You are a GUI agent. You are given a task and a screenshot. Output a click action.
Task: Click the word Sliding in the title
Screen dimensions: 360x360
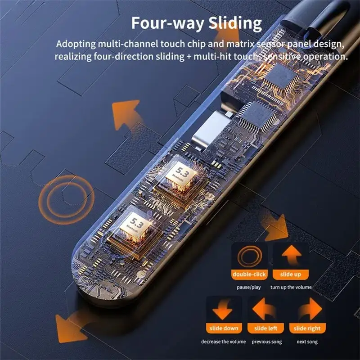pyautogui.click(x=235, y=22)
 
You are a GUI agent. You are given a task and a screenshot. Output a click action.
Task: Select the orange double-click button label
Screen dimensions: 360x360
pyautogui.click(x=249, y=274)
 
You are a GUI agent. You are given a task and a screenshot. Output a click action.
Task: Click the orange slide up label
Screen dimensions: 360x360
pyautogui.click(x=291, y=274)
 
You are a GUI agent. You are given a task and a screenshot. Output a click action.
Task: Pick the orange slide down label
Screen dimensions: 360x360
pyautogui.click(x=224, y=328)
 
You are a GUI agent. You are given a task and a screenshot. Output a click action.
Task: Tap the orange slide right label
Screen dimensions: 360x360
pyautogui.click(x=307, y=328)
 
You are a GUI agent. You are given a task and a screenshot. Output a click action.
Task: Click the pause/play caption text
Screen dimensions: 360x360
pyautogui.click(x=249, y=287)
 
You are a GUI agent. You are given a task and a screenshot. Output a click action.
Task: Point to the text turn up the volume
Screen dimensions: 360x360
pyautogui.click(x=291, y=287)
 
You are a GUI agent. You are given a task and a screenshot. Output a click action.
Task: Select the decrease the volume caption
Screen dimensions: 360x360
pyautogui.click(x=224, y=342)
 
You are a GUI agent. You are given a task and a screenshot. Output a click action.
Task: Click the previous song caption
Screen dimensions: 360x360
pyautogui.click(x=267, y=342)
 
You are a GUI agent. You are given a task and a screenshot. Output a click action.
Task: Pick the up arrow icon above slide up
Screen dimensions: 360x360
pyautogui.click(x=291, y=256)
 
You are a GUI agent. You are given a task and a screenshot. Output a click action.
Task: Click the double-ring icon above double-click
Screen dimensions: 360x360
pyautogui.click(x=249, y=256)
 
